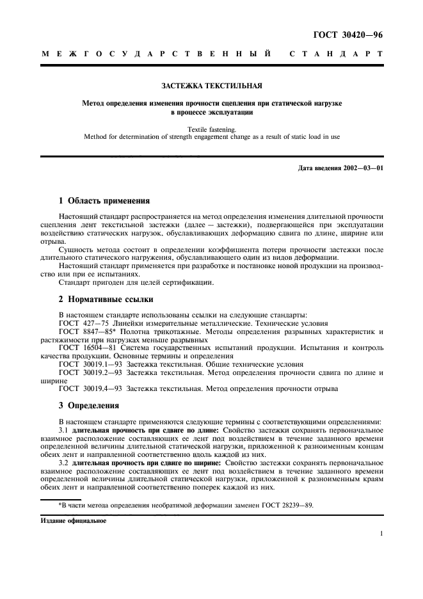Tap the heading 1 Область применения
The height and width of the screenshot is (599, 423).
click(x=104, y=200)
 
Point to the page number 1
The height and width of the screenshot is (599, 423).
click(x=381, y=532)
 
